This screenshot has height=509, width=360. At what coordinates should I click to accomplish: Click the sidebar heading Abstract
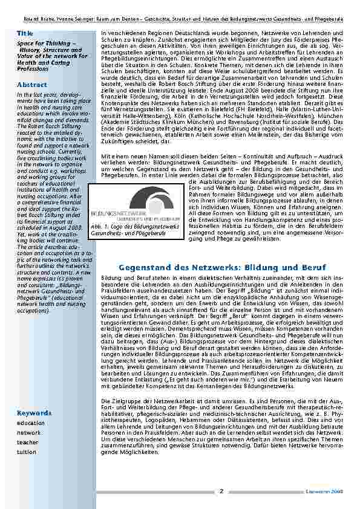pyautogui.click(x=31, y=85)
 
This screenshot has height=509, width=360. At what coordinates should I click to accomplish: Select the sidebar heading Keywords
pyautogui.click(x=34, y=413)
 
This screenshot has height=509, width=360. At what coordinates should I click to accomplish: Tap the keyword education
pyautogui.click(x=31, y=423)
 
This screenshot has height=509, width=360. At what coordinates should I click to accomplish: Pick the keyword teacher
pyautogui.click(x=27, y=442)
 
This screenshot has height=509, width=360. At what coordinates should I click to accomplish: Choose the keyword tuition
pyautogui.click(x=27, y=452)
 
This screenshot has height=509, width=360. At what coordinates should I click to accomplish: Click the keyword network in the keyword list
pyautogui.click(x=29, y=433)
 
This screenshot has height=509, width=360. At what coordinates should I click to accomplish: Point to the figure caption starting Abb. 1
pyautogui.click(x=135, y=229)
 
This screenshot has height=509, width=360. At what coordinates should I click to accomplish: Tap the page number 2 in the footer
pyautogui.click(x=221, y=490)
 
